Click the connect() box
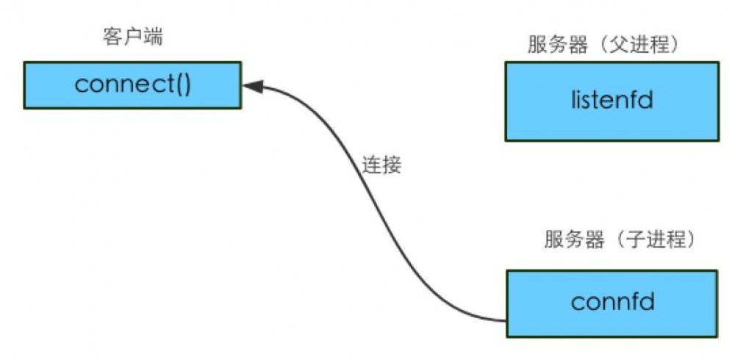(x=132, y=85)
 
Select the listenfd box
(x=612, y=101)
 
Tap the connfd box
(x=612, y=302)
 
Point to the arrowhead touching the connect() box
(x=252, y=87)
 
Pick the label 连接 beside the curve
(x=381, y=164)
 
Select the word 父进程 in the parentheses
(x=641, y=44)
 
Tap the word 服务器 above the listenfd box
(x=558, y=44)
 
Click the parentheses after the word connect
(x=182, y=85)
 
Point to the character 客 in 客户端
(x=112, y=38)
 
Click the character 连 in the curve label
(x=371, y=164)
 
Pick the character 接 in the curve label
(x=392, y=164)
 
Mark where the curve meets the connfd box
(x=505, y=320)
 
